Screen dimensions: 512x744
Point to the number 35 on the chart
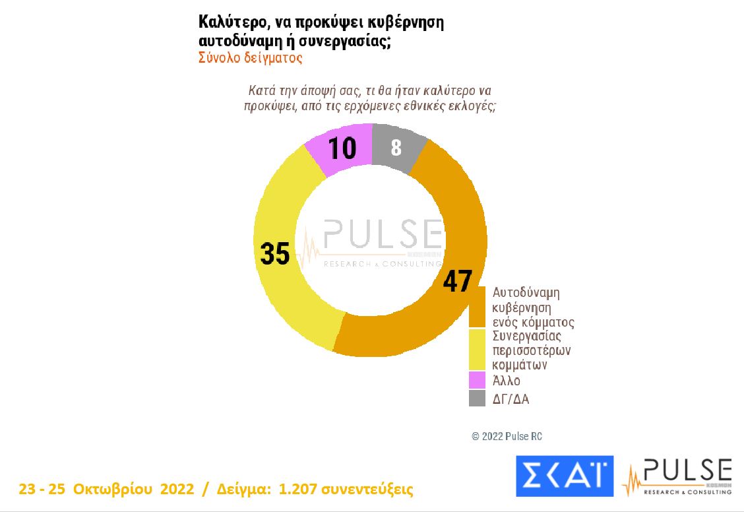click(x=275, y=253)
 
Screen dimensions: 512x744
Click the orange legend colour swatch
click(x=478, y=307)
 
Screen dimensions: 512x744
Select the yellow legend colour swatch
click(x=478, y=349)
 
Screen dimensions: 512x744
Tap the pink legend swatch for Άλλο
click(x=478, y=380)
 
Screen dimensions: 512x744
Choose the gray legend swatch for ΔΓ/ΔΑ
click(x=478, y=398)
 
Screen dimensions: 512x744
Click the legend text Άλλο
click(x=507, y=381)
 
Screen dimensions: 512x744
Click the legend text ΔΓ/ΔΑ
click(x=511, y=399)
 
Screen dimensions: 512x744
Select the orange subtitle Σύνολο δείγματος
click(x=251, y=57)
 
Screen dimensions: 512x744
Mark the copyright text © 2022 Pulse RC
click(x=507, y=437)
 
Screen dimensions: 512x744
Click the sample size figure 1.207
click(x=300, y=490)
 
